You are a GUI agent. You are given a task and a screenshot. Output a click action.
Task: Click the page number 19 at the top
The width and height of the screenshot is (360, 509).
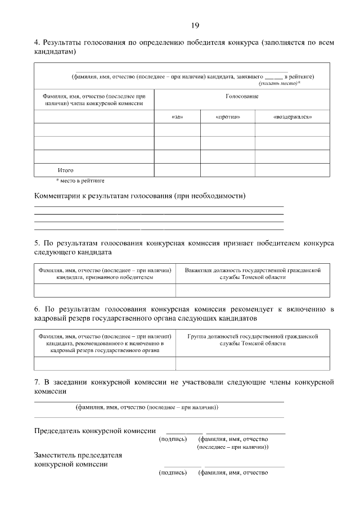[x=195, y=25]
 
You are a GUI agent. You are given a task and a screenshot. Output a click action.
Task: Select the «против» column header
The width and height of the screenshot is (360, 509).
[x=228, y=117]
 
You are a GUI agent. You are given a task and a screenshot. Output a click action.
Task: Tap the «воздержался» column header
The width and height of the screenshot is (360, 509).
[x=292, y=117]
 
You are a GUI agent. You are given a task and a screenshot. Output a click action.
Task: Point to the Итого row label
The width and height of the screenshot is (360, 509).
[x=66, y=170]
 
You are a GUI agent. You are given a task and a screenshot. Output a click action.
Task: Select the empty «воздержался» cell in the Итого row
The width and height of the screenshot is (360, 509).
[x=292, y=170]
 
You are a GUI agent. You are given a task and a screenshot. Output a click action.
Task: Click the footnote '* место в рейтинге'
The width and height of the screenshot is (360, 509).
[x=80, y=181]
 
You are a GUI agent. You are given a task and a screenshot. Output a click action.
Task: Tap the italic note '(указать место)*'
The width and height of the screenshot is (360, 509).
[x=279, y=83]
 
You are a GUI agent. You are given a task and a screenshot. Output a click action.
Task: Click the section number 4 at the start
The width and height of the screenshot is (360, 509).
[x=37, y=43]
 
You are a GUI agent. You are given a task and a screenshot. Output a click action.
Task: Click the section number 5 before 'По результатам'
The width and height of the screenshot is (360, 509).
[x=37, y=244]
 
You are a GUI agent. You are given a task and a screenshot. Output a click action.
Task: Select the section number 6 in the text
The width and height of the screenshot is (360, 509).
[x=37, y=309]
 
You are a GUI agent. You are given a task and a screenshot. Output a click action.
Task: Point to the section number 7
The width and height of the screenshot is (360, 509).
[x=37, y=382]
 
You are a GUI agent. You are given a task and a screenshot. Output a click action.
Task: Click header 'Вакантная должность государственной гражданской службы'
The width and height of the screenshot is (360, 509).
[x=253, y=274]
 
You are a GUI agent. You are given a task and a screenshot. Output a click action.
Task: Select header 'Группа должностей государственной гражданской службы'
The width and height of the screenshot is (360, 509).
[x=253, y=340]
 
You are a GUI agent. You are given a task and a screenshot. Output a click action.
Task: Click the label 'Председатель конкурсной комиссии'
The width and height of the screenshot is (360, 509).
[x=95, y=431]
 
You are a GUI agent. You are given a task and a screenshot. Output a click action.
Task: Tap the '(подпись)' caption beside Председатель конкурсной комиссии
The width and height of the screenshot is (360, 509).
[x=173, y=439]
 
